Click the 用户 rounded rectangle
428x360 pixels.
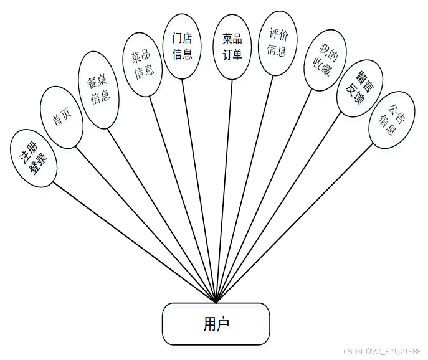click(x=216, y=324)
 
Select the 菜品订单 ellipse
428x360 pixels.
click(x=232, y=47)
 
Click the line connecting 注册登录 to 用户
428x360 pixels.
click(x=134, y=242)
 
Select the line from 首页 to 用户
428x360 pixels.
click(x=146, y=225)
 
